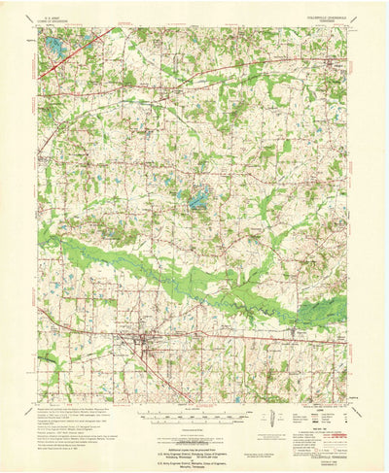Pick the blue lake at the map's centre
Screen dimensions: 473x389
click(x=197, y=200)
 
